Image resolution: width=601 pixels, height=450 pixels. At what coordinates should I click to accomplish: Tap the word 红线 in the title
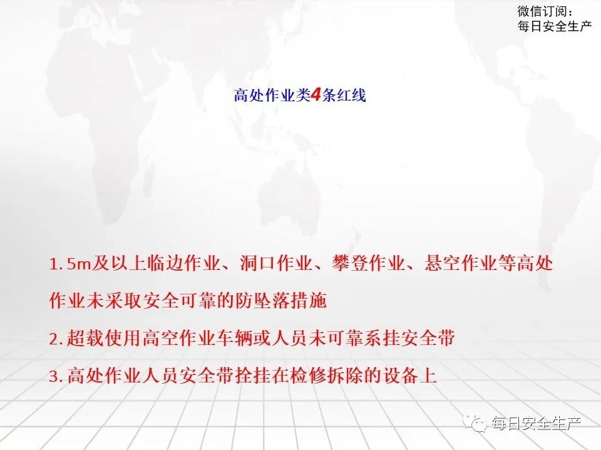coord(352,96)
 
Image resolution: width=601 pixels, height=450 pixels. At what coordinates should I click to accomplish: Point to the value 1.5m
coord(71,264)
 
